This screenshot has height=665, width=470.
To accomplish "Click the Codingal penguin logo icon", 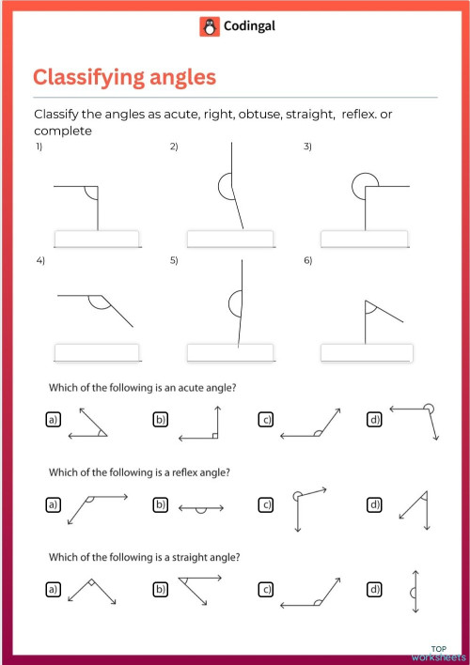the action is tap(209, 27).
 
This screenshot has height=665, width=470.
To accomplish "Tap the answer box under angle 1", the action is tap(97, 240).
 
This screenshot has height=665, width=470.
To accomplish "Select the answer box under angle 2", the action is tap(230, 240).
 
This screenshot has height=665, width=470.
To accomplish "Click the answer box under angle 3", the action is tap(366, 240).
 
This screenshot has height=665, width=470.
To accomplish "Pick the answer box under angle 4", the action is tap(97, 353).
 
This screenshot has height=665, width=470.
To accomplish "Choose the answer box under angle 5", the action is tap(230, 353).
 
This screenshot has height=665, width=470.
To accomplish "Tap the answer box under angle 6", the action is tap(366, 353).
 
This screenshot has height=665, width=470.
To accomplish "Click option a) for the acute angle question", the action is tap(54, 420).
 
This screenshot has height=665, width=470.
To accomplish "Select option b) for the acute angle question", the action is tap(160, 420).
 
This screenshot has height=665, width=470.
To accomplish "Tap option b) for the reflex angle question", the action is tap(160, 505).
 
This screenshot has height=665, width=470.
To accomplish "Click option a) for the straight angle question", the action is tap(54, 589).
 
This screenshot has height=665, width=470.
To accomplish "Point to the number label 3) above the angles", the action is tap(307, 147).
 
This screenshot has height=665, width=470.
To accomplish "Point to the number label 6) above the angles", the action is tap(307, 260).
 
